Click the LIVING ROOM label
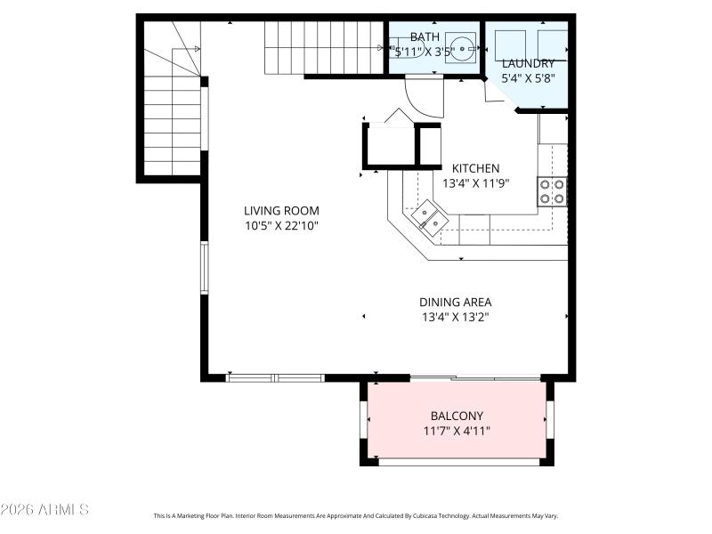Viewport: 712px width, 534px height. click(x=281, y=211)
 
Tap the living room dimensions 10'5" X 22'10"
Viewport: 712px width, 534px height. click(x=281, y=226)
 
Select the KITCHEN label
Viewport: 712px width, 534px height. click(x=475, y=168)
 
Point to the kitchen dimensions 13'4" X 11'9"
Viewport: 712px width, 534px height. click(x=475, y=183)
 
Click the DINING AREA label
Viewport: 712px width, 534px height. click(x=456, y=302)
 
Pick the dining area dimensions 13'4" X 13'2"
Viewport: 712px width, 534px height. click(x=456, y=317)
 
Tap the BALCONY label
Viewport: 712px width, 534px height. click(x=457, y=416)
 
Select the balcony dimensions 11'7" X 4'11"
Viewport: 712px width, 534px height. click(x=457, y=431)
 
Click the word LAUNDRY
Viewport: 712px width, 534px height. click(x=528, y=63)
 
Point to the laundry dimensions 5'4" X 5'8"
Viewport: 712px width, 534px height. click(x=528, y=78)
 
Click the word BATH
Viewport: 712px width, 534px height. click(x=425, y=36)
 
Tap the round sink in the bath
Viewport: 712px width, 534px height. click(x=461, y=47)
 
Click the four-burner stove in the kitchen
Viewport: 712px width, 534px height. click(x=552, y=191)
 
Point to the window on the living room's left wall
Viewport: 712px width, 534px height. click(x=204, y=267)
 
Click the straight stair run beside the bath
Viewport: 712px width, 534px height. click(x=324, y=46)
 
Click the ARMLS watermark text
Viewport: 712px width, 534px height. click(x=44, y=510)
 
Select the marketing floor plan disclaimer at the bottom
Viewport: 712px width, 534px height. click(x=356, y=515)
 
